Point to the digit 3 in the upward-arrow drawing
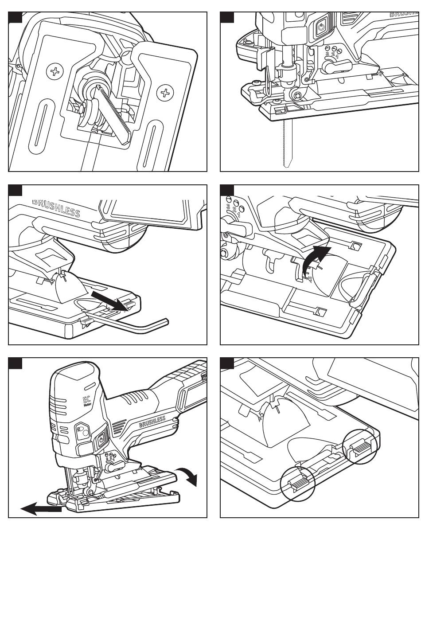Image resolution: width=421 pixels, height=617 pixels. pos(228,207)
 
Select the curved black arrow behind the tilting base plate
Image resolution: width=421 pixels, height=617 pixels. pos(188,475)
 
